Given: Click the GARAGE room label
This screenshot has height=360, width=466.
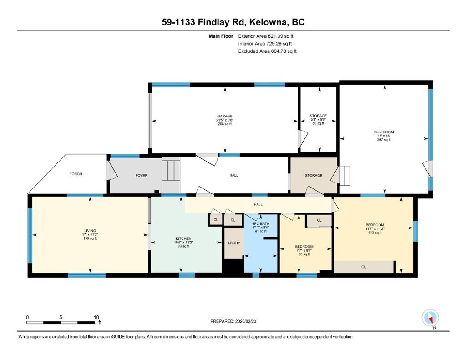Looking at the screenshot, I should pyautogui.click(x=224, y=116).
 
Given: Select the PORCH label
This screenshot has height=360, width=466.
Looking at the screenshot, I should pyautogui.click(x=76, y=174).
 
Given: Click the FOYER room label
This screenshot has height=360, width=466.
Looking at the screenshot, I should pyautogui.click(x=141, y=175).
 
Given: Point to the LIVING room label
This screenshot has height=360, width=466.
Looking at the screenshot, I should pyautogui.click(x=90, y=231).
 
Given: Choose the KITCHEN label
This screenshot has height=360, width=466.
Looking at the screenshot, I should pyautogui.click(x=184, y=238).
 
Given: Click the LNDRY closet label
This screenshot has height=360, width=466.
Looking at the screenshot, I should pyautogui.click(x=234, y=243).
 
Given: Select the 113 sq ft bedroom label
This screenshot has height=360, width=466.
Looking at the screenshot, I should pyautogui.click(x=375, y=225).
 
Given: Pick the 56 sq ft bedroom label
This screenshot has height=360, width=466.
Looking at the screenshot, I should pyautogui.click(x=304, y=247).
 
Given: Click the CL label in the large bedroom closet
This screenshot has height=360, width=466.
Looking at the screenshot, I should pyautogui.click(x=364, y=267).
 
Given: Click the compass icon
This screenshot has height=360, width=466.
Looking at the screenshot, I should pyautogui.click(x=430, y=318).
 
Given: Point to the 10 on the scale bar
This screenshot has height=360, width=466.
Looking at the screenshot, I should pyautogui.click(x=96, y=317).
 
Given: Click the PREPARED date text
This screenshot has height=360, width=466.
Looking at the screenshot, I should pyautogui.click(x=236, y=321).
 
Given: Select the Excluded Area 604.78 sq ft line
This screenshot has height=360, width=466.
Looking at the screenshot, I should pyautogui.click(x=267, y=51).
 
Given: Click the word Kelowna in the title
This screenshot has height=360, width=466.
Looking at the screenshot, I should pyautogui.click(x=260, y=22).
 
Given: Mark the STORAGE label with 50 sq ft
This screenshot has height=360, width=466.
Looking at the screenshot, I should pyautogui.click(x=318, y=116).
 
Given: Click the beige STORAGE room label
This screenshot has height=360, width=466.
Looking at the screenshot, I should pyautogui.click(x=314, y=175).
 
